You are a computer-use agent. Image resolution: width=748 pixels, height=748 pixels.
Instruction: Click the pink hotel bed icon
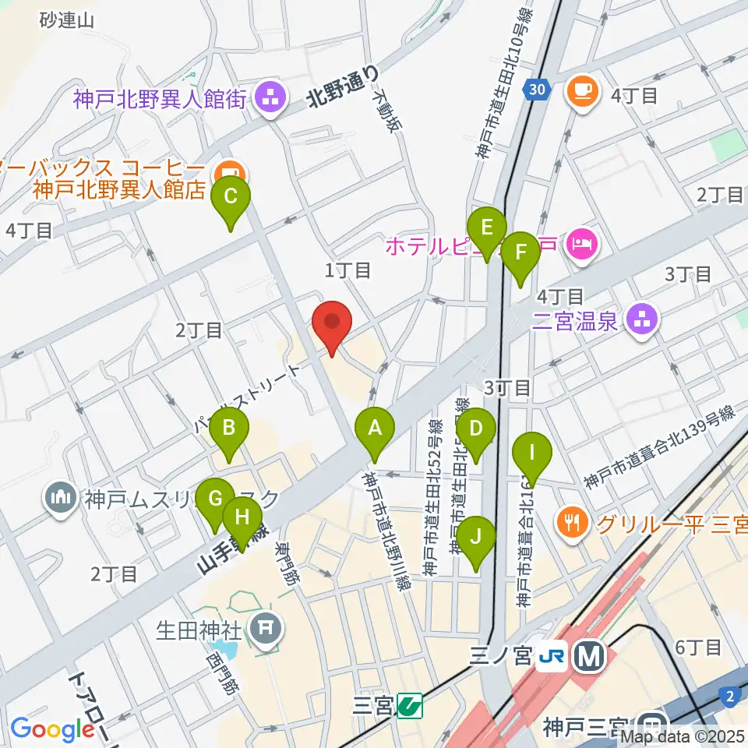pos(581,244)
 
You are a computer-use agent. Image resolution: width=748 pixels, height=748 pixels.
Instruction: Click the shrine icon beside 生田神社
pos(266,626)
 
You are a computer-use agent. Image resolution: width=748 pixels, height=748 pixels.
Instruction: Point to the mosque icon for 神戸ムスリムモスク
pos(60,496)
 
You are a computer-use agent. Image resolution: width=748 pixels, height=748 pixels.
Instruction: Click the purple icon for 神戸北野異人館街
pos(270,98)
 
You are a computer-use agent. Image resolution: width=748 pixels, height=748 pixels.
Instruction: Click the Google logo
pos(52,729)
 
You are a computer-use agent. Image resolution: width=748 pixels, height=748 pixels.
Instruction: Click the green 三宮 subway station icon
pos(408,706)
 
